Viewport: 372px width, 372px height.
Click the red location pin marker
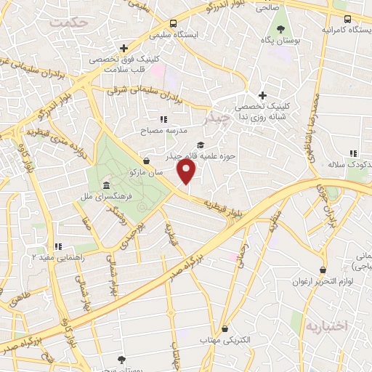pos(187,171)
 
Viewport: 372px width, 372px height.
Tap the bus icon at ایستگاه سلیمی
pos(172,23)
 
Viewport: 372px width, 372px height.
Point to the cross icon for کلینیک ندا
pos(262,96)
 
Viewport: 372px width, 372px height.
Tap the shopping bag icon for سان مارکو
pos(147,161)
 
